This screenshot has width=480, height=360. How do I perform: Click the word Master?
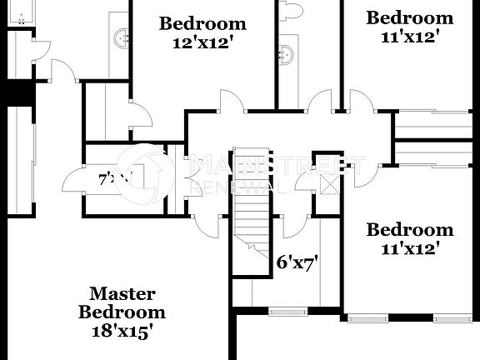(123, 293)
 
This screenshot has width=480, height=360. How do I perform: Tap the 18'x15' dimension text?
(122, 331)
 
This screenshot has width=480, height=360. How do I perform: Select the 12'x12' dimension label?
(202, 42)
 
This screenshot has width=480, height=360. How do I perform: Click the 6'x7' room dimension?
(298, 263)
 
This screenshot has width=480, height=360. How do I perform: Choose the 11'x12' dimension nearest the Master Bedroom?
(410, 248)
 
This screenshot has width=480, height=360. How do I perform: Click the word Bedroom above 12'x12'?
(202, 23)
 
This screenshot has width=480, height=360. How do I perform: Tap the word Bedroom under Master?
(122, 312)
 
